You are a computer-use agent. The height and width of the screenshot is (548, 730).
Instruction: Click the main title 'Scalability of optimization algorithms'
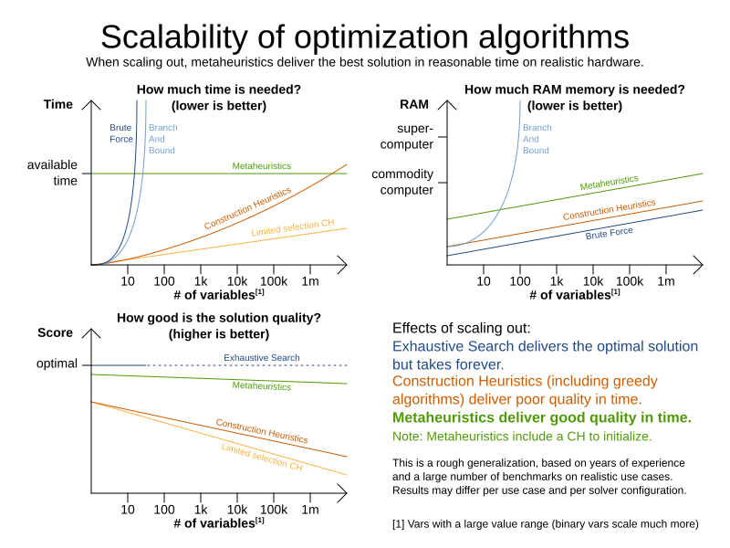click(364, 37)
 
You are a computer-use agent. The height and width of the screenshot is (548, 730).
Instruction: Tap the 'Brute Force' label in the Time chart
click(121, 133)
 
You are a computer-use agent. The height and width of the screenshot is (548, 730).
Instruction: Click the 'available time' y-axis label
click(52, 173)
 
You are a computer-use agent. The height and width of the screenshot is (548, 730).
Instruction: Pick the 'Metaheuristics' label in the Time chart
click(261, 166)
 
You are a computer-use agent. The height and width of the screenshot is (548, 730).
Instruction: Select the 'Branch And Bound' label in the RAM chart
click(536, 139)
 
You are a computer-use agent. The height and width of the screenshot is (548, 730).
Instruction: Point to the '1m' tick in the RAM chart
click(666, 280)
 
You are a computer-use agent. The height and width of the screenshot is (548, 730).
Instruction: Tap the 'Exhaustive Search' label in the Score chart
click(261, 357)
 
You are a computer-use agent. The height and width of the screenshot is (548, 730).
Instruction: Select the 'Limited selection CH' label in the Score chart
click(261, 457)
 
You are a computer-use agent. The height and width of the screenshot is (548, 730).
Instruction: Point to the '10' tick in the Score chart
click(128, 509)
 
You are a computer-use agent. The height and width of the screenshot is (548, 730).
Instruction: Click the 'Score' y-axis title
click(55, 332)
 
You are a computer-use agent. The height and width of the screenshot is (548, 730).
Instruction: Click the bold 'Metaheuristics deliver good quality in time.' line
click(542, 417)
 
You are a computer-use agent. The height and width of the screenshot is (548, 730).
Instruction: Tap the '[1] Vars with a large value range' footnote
click(545, 523)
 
